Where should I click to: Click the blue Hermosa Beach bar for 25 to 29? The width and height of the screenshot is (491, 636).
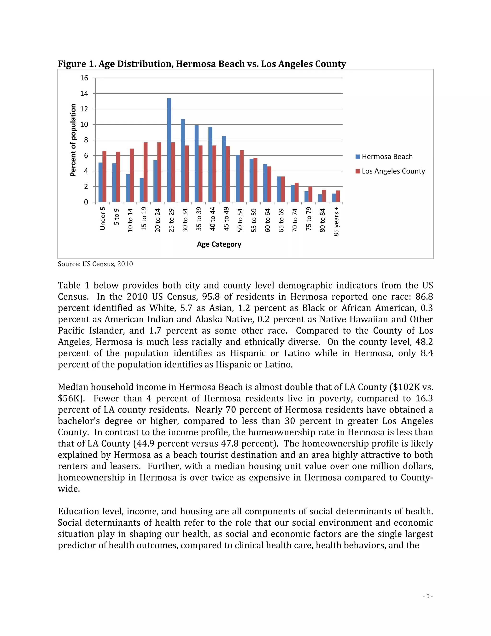tap(169, 150)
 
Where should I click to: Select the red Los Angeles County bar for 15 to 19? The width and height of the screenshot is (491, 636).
tap(146, 172)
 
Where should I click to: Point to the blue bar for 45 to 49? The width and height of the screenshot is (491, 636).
tap(224, 169)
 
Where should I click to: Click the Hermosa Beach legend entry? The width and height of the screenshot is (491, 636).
tap(384, 157)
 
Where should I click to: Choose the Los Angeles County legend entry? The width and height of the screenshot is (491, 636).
tap(390, 171)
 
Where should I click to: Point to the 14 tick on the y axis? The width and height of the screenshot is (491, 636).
tap(84, 93)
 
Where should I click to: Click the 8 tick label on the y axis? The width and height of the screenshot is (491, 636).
tap(86, 140)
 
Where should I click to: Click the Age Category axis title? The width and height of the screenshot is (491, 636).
tap(219, 244)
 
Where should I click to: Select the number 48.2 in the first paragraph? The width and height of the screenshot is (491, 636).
tap(424, 342)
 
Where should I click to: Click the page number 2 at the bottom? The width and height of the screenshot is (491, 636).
tap(428, 596)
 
